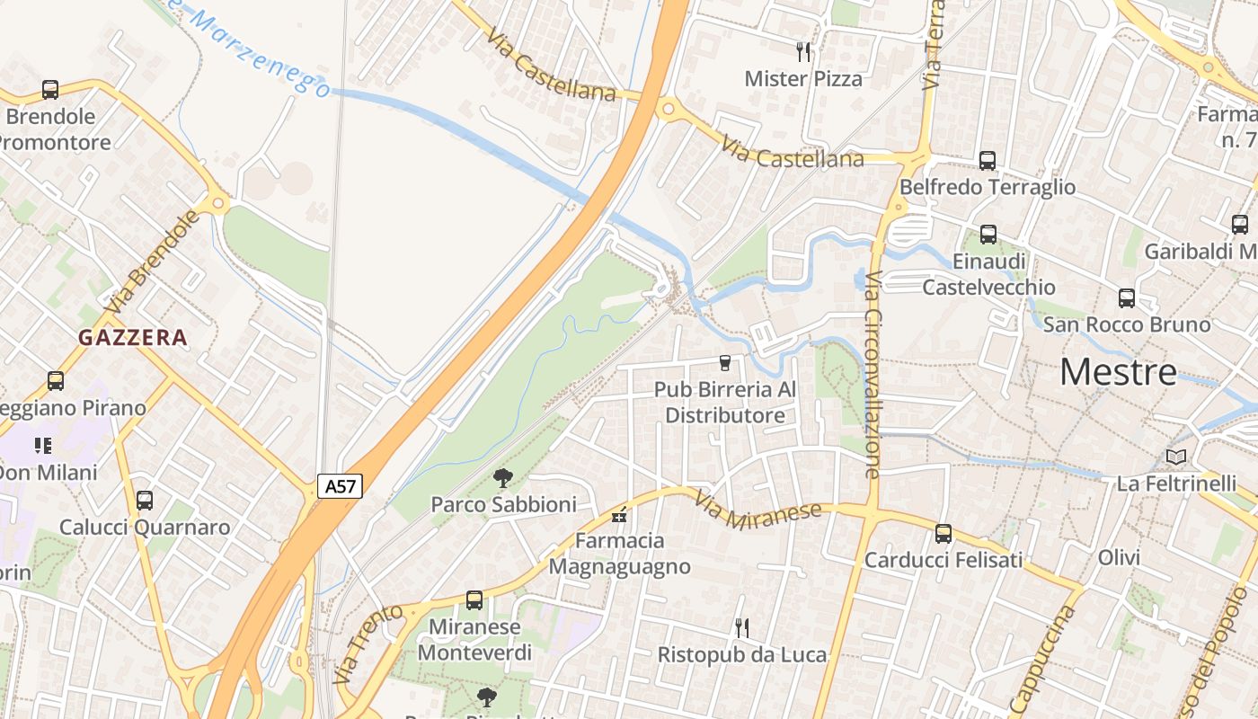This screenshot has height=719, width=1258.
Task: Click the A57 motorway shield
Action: (x=340, y=486)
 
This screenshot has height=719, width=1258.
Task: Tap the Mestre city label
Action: (x=1118, y=372)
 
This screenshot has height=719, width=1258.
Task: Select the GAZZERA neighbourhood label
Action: (x=133, y=338)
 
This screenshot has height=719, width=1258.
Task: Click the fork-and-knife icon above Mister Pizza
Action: (x=803, y=52)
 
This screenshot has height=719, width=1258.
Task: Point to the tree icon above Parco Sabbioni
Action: (x=503, y=478)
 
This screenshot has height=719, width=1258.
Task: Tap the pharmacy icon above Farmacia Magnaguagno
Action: (x=619, y=515)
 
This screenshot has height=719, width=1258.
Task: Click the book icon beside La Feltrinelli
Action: (x=1176, y=457)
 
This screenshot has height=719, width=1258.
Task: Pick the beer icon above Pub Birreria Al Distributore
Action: (x=724, y=363)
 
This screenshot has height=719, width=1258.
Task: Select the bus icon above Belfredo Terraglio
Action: (x=988, y=161)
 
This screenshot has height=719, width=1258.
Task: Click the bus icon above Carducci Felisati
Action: (x=943, y=534)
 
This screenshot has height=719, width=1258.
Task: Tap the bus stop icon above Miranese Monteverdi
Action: (x=474, y=600)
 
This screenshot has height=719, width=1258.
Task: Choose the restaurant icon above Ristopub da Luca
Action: (x=741, y=627)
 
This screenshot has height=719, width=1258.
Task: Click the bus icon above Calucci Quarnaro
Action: (x=144, y=501)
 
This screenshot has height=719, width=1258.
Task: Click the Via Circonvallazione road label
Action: (x=873, y=373)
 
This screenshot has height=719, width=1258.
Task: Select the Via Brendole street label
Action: (x=152, y=262)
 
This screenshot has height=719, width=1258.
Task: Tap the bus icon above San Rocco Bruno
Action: (x=1127, y=298)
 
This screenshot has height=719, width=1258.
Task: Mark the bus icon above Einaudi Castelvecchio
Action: (x=988, y=235)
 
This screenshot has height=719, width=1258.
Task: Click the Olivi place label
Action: (x=1119, y=557)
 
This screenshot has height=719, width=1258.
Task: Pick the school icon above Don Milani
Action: (x=43, y=446)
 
